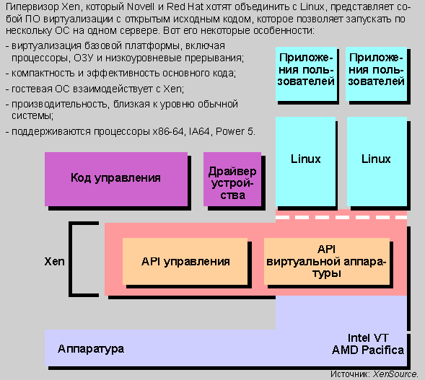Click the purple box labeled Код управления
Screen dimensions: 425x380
(116, 179)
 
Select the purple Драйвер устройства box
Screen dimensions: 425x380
(232, 179)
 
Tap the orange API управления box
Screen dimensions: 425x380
(185, 261)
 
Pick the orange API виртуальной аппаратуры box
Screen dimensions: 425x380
(327, 261)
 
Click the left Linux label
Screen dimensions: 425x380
(305, 159)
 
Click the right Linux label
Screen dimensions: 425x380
(376, 159)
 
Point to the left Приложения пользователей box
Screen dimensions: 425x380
(306, 74)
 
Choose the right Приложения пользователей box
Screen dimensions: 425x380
(376, 74)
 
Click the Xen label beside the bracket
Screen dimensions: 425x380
(55, 261)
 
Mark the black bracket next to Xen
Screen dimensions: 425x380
(71, 259)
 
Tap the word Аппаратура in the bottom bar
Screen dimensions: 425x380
(91, 349)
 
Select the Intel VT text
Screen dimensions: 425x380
(368, 338)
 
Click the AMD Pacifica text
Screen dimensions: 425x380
(368, 350)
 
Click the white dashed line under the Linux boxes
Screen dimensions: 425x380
(341, 218)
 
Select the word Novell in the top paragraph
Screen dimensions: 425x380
(141, 6)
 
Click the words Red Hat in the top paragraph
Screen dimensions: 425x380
(185, 6)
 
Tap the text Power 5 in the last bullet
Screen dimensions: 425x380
(235, 132)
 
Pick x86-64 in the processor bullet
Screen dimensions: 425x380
(168, 132)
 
